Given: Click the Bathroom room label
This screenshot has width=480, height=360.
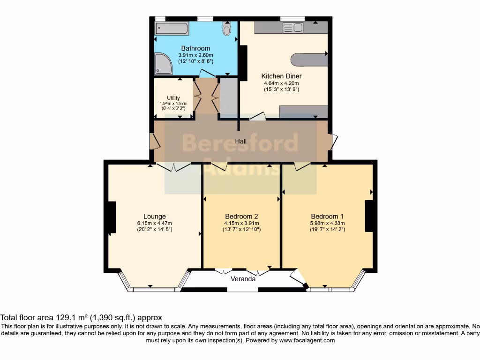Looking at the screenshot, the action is click(x=195, y=48).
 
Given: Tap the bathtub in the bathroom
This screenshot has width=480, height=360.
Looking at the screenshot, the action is click(x=172, y=29).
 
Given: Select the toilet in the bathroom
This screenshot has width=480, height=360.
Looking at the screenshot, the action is click(x=227, y=29).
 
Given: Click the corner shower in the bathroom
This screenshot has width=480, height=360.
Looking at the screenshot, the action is click(x=164, y=64).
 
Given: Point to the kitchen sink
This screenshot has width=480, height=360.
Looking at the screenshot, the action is click(x=293, y=28).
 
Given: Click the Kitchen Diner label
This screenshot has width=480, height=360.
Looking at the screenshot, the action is click(x=281, y=76).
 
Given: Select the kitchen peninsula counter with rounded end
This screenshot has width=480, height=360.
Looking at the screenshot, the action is click(x=309, y=60).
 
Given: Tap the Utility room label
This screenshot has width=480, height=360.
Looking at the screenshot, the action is click(x=173, y=98).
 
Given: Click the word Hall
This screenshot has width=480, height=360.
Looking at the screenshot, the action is click(x=240, y=141).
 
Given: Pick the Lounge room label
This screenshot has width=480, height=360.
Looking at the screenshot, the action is click(x=155, y=217).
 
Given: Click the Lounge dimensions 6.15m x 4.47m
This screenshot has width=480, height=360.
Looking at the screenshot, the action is click(x=155, y=224).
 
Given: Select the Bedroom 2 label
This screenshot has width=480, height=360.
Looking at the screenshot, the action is click(x=241, y=217).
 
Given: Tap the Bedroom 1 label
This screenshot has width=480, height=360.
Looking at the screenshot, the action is click(x=327, y=217).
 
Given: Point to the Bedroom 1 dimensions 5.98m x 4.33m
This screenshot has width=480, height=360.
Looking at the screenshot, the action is click(x=327, y=224).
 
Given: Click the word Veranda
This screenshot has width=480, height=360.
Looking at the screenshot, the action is click(x=243, y=279).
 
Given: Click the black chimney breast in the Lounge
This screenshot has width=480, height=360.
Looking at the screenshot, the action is click(x=112, y=217).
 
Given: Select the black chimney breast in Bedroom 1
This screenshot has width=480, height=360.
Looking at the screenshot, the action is click(x=369, y=216).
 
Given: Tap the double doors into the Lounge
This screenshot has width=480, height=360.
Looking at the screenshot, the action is click(x=173, y=167).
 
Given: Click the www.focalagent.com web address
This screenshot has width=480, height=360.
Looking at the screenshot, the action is click(x=307, y=340).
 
